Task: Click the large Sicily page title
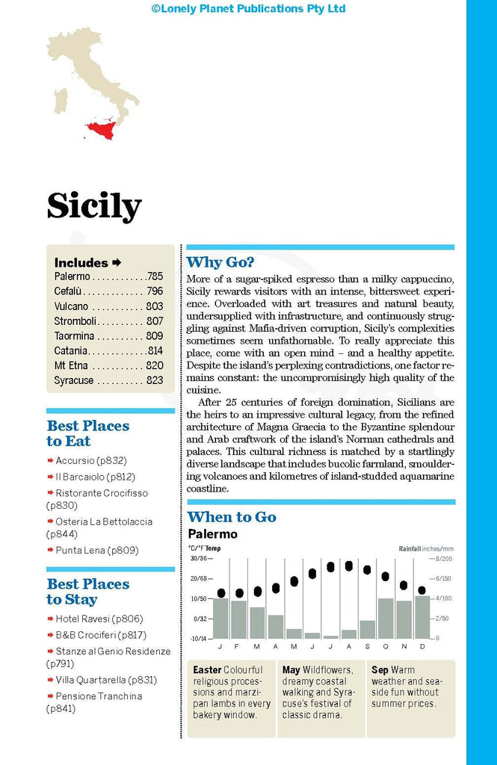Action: click(x=94, y=205)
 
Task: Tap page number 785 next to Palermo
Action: click(x=155, y=276)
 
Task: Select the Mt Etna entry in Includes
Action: click(x=71, y=365)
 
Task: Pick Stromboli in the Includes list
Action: click(x=75, y=321)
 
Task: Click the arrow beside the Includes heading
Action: click(x=117, y=262)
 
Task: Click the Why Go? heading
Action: click(x=220, y=262)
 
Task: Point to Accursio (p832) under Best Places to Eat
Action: click(x=85, y=462)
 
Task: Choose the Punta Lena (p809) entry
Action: click(x=96, y=551)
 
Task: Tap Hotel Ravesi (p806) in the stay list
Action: click(x=99, y=619)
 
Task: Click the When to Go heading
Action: click(x=232, y=517)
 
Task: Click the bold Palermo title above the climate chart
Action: click(x=212, y=534)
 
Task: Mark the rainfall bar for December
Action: click(x=422, y=617)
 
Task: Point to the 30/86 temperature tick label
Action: click(x=198, y=559)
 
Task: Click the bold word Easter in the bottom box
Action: click(x=207, y=670)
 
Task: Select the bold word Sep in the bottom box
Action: click(x=380, y=670)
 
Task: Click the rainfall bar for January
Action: click(x=220, y=618)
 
